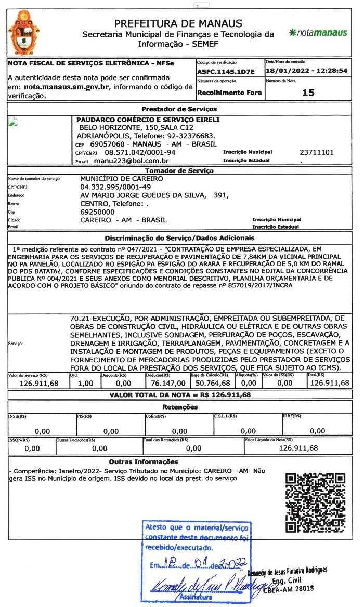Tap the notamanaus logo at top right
(318, 33)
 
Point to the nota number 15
(308, 93)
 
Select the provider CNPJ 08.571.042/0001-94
(140, 152)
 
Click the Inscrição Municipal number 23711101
(317, 152)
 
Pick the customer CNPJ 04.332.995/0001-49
(115, 187)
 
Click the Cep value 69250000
(97, 212)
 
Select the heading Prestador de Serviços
(179, 109)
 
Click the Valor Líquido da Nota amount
(298, 448)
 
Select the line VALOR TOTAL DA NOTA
(180, 395)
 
